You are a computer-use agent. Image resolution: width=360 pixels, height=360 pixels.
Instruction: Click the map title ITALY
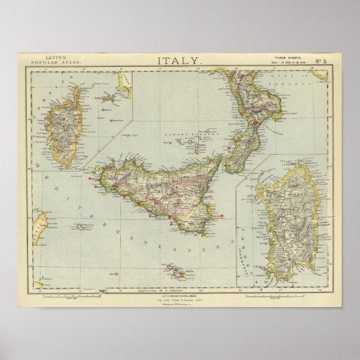click(x=179, y=60)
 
